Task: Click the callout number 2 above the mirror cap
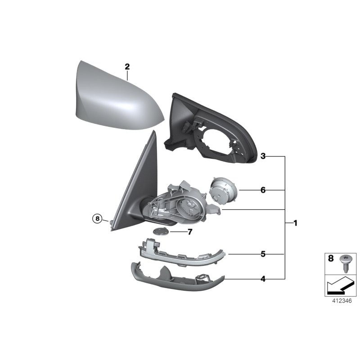(x=127, y=67)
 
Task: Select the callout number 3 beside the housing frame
(x=263, y=156)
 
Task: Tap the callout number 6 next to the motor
(x=263, y=190)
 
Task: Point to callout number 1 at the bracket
(x=295, y=223)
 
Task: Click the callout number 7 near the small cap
(x=190, y=232)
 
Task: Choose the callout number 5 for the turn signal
(x=263, y=254)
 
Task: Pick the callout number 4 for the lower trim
(x=263, y=279)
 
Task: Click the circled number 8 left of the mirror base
(x=97, y=218)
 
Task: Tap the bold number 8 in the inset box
(x=331, y=258)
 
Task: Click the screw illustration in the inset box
(x=345, y=263)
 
